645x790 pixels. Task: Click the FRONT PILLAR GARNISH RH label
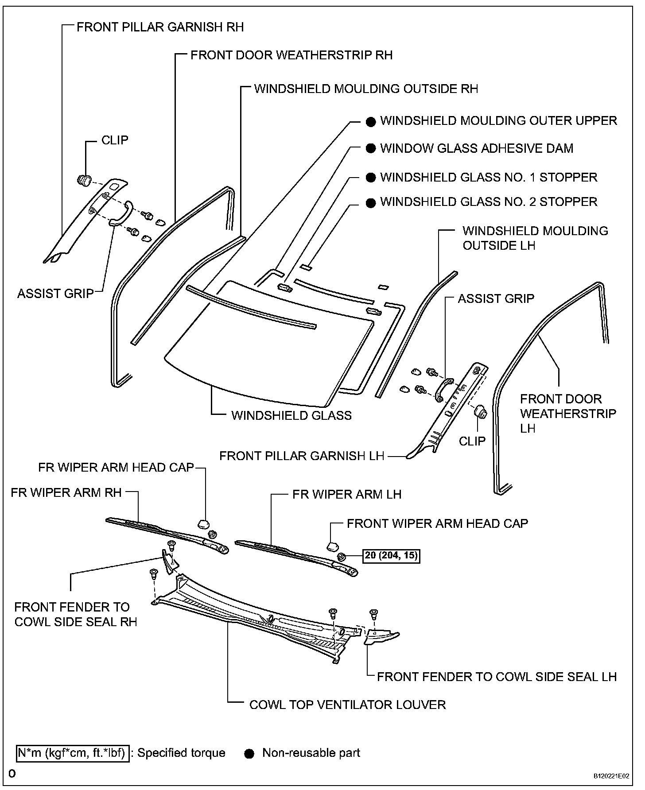(160, 27)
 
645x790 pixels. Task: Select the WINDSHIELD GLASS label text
(291, 415)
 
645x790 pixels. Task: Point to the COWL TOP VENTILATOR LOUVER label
(347, 705)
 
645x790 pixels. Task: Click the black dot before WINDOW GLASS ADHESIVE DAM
(371, 149)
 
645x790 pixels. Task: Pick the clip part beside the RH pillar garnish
(84, 180)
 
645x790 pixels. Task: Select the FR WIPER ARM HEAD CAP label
(116, 468)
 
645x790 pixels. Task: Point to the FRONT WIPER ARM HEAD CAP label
(437, 523)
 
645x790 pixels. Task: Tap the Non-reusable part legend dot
(250, 754)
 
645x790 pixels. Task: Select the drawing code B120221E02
(611, 776)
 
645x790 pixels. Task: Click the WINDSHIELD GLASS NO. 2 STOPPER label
(489, 202)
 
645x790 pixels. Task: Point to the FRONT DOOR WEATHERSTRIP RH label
(291, 55)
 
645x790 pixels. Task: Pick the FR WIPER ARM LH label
(347, 494)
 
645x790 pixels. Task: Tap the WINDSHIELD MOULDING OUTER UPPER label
(498, 120)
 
